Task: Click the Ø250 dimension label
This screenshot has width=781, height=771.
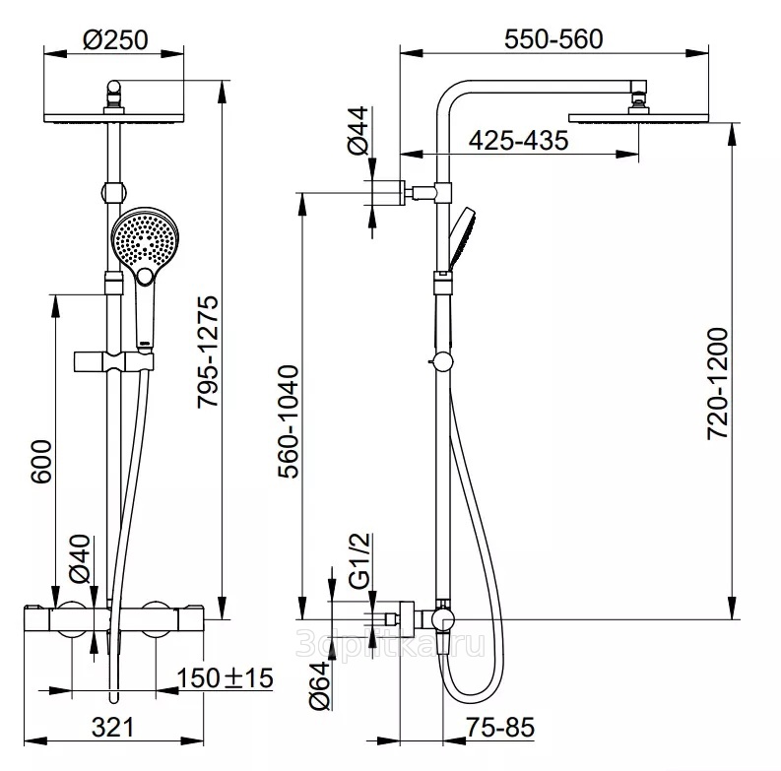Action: point(115,40)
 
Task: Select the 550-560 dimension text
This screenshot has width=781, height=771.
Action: point(553,39)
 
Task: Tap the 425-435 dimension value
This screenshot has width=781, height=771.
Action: point(518,141)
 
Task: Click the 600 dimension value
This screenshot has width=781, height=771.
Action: point(40,461)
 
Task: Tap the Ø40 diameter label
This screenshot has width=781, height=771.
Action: point(80,556)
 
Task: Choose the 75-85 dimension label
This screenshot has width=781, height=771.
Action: point(500,728)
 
